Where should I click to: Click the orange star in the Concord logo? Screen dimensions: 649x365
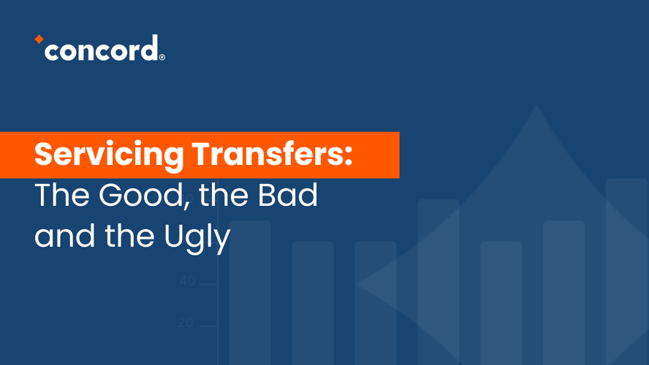[x=39, y=39]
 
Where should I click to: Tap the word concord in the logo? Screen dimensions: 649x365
[x=102, y=48]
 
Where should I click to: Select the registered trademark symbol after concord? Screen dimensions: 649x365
[x=162, y=57]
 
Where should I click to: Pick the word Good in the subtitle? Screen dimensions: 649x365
[x=141, y=195]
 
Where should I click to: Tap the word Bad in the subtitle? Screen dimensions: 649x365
[x=288, y=194]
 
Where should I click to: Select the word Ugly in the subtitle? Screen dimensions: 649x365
[x=197, y=237]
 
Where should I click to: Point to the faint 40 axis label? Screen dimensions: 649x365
[x=188, y=280]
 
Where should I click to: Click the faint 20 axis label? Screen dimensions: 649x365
[x=186, y=323]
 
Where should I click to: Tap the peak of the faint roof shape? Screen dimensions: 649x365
[x=537, y=105]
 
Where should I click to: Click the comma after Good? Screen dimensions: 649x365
[x=188, y=202]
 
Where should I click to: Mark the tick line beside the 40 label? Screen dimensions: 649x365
[x=208, y=285]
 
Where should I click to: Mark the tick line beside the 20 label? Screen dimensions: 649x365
[x=208, y=326]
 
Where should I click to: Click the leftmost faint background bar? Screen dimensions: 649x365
[x=250, y=293]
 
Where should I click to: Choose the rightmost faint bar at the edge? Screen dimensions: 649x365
[x=626, y=272]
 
